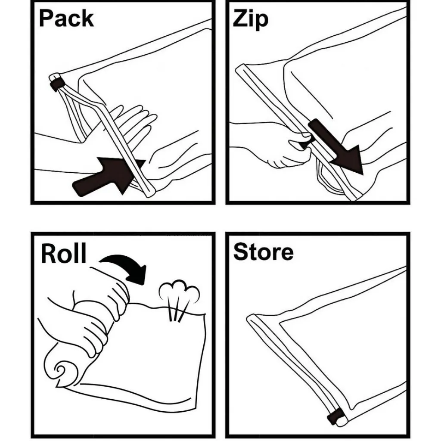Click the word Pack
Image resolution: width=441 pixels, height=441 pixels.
pyautogui.click(x=66, y=19)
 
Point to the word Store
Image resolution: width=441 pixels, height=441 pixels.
pyautogui.click(x=263, y=252)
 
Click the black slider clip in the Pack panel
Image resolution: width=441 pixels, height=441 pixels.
pyautogui.click(x=57, y=84)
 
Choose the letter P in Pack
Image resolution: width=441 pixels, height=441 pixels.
pyautogui.click(x=46, y=19)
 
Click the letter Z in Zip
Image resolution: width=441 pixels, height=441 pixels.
pyautogui.click(x=240, y=19)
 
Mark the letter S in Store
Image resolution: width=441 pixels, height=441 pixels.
pyautogui.click(x=240, y=252)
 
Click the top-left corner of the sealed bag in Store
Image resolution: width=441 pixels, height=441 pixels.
pyautogui.click(x=248, y=317)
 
